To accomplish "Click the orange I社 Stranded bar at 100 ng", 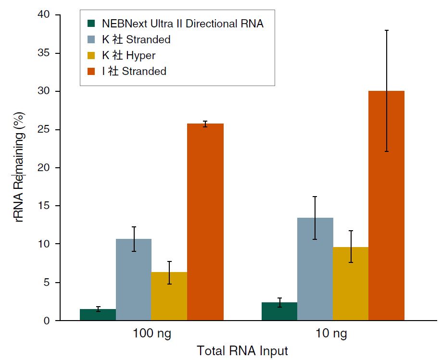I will [205, 221].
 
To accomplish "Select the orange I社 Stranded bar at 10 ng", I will [386, 207].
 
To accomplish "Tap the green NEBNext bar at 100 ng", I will [98, 315].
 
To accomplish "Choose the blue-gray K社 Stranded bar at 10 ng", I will [315, 269].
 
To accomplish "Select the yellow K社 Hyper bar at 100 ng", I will [169, 296].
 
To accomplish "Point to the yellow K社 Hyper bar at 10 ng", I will [351, 284].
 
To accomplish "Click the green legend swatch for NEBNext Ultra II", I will [91, 24].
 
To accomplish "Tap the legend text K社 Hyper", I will [128, 55].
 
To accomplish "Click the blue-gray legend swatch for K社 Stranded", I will [91, 39].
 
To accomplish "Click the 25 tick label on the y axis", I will [45, 129].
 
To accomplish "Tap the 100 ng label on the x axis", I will [152, 334].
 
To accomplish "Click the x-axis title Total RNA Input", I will [242, 351].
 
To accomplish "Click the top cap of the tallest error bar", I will [386, 30].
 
